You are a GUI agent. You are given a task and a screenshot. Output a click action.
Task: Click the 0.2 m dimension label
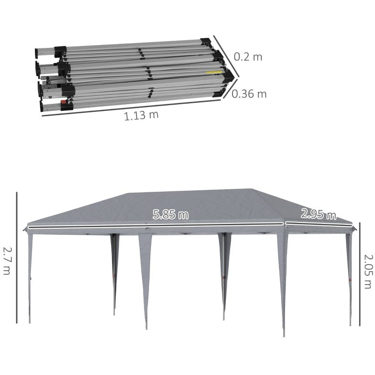click(x=248, y=57)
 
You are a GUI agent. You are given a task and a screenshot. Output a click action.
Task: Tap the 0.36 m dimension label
click(x=249, y=94)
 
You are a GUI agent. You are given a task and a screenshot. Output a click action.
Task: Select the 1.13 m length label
click(x=141, y=115)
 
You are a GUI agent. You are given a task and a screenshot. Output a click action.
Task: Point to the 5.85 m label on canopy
click(x=171, y=215)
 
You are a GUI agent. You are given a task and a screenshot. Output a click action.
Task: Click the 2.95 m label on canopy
click(x=318, y=214)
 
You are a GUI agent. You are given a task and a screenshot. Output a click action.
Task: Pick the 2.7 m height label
click(x=7, y=260)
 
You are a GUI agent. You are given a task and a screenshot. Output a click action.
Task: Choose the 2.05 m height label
click(x=367, y=271)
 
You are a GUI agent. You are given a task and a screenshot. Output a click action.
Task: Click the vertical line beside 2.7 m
click(x=17, y=258)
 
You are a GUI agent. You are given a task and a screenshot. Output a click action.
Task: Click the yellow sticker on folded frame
click(x=215, y=73)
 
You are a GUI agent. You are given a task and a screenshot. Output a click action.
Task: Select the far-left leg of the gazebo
click(x=30, y=277)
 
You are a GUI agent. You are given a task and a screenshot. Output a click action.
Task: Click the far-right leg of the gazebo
click(x=349, y=277)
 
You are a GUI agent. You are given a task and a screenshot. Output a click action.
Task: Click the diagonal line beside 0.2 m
click(x=226, y=52)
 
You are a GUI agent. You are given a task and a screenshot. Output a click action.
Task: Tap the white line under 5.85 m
click(x=155, y=224)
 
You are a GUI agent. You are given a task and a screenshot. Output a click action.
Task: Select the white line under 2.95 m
click(x=318, y=224)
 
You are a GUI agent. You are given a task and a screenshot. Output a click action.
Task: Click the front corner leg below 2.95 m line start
click(x=283, y=282)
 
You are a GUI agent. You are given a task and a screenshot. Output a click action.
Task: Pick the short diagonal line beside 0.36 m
click(x=230, y=89)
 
